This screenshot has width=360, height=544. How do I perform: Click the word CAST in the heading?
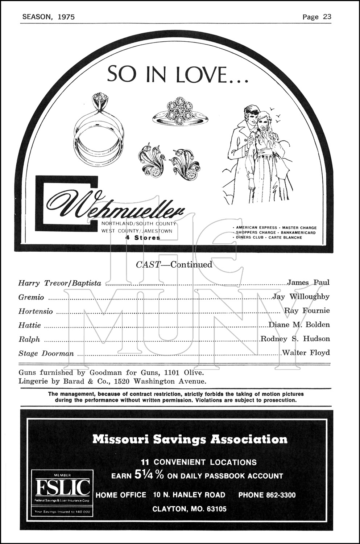coord(148,264)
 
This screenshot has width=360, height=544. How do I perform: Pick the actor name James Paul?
coord(308,282)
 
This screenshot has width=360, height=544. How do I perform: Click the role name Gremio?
coord(31,297)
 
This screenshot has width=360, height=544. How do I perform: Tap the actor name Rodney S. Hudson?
coord(295,339)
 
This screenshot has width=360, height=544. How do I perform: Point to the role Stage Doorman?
coord(46,353)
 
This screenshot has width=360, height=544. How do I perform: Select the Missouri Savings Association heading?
coord(190,439)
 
